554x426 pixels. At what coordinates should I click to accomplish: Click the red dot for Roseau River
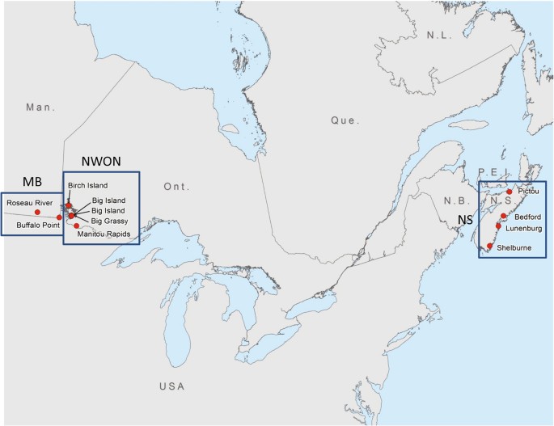coord(38,212)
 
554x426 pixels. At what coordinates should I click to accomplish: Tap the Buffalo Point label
coord(37,226)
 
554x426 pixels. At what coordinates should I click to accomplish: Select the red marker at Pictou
coord(510,192)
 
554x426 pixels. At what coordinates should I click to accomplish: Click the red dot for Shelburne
coord(490,246)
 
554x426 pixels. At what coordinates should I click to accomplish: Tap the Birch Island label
coord(87,186)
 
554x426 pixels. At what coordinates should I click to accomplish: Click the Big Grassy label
coord(109,221)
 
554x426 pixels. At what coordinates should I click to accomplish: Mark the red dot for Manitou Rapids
coord(77,226)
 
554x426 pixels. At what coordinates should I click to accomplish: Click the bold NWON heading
coord(102,162)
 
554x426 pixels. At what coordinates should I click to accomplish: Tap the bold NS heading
coord(466,219)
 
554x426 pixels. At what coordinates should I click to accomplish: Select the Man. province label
coord(39,108)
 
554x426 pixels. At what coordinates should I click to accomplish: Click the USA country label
coord(172,386)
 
